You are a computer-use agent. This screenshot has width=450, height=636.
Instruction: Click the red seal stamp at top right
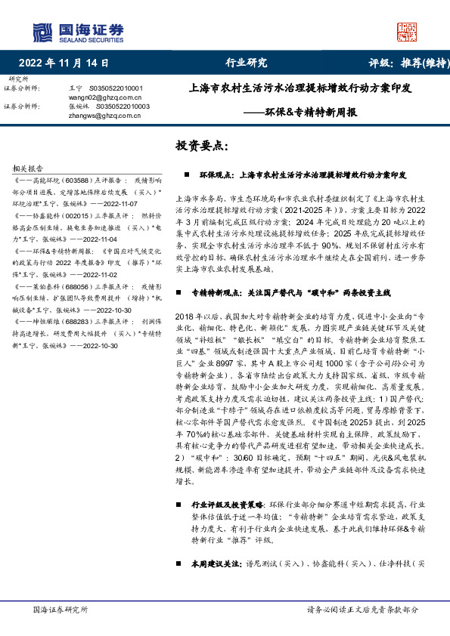(x=407, y=31)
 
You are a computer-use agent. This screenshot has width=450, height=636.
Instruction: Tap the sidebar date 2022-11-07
(x=135, y=203)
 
